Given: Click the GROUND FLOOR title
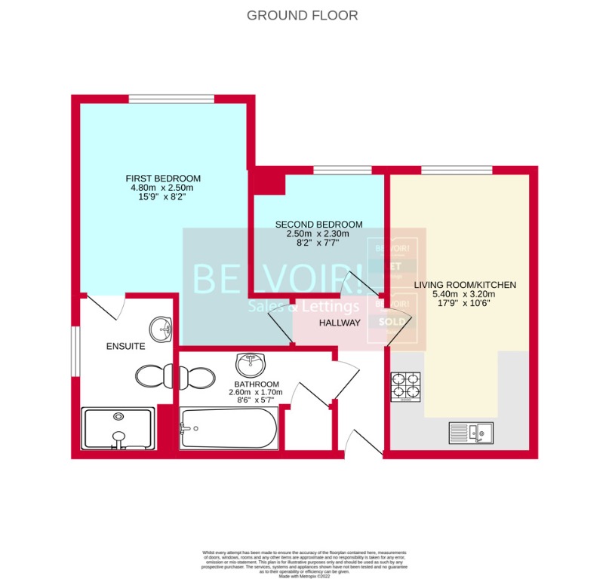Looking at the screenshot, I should (x=302, y=15).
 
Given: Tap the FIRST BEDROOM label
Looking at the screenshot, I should (x=163, y=178).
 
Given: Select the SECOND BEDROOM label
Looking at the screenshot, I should (x=318, y=225).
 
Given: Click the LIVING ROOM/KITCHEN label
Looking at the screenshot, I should (x=465, y=285).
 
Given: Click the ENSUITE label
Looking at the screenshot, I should (x=125, y=347).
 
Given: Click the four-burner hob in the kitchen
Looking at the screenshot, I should (x=405, y=386).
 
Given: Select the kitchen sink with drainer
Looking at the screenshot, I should (x=470, y=433).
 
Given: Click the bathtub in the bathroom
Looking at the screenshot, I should (x=228, y=428).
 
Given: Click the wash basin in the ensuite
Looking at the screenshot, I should (x=161, y=329).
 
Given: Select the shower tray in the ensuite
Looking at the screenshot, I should (x=118, y=429).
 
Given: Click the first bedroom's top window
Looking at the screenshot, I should (x=171, y=100).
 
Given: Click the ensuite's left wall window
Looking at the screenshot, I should (x=75, y=348).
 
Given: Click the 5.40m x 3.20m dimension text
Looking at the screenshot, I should (x=465, y=295).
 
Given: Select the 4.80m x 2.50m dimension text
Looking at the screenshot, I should (x=163, y=188).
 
